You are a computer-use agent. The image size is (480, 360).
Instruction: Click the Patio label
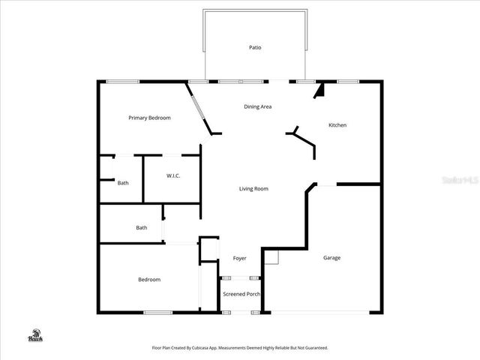click(x=255, y=47)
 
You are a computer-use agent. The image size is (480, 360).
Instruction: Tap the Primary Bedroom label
click(x=149, y=118)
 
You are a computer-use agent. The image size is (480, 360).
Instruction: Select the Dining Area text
click(x=257, y=106)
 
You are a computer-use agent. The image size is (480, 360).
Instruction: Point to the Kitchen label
click(x=337, y=125)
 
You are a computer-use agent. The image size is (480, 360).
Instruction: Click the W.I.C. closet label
click(x=173, y=175)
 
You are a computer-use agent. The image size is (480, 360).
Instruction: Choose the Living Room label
click(x=253, y=188)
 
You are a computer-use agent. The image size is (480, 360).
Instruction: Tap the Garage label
click(x=331, y=258)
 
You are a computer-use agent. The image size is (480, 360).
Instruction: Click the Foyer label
click(x=239, y=258)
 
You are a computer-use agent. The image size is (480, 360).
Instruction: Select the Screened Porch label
click(x=241, y=294)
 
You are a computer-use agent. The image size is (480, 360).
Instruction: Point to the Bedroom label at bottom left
click(x=149, y=280)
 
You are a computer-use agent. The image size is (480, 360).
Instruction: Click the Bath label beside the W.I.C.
click(x=123, y=182)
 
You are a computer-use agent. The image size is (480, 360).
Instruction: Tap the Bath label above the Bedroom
click(x=141, y=228)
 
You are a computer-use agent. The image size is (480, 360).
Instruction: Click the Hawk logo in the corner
click(x=35, y=335)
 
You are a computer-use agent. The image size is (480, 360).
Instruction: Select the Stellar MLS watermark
click(x=460, y=181)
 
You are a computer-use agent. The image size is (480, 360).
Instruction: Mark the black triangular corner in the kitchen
click(x=319, y=91)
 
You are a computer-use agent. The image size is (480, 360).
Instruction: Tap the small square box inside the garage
click(x=271, y=257)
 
